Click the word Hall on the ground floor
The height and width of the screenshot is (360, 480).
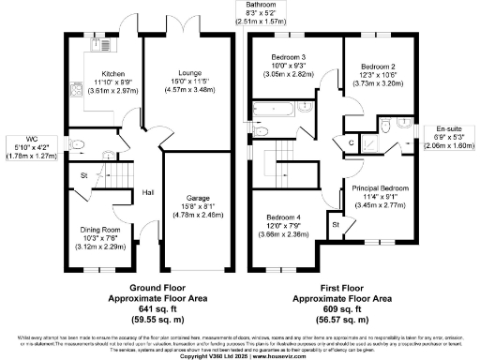tap(148, 192)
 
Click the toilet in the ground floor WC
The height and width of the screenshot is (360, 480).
tap(78, 143)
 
